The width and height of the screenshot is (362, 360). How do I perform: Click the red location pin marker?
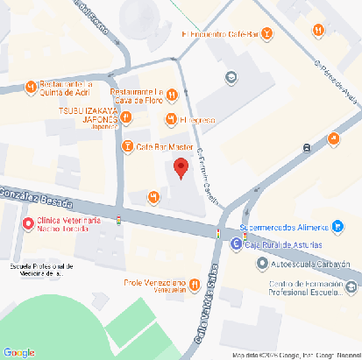coord(181,168)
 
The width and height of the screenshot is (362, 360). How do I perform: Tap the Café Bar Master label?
coord(165,145)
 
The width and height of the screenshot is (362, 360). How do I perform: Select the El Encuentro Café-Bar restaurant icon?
coord(266,34)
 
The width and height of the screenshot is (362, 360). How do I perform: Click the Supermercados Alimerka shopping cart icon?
coord(337,226)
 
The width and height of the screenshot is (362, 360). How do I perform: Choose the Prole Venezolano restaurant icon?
coord(194,283)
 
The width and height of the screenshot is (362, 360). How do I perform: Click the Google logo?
coord(18,351)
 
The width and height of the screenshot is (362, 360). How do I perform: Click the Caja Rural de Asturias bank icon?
coord(236,244)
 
